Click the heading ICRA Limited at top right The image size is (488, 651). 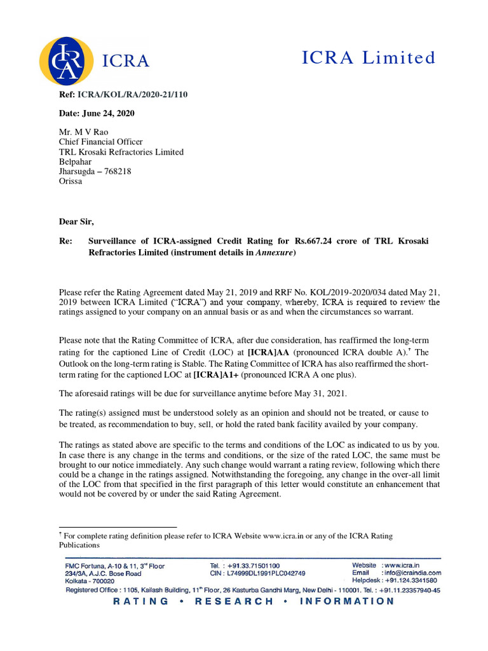[x=369, y=58]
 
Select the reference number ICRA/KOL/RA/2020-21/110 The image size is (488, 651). [x=132, y=95]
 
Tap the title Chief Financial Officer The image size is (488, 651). [x=101, y=142]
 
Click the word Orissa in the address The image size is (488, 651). [x=71, y=181]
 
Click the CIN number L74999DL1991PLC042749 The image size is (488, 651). [x=267, y=572]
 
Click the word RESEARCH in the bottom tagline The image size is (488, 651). [x=234, y=601]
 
